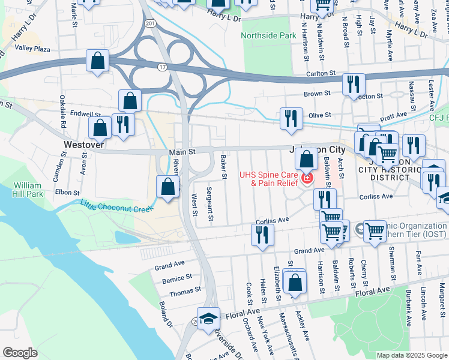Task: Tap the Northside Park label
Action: click(269, 35)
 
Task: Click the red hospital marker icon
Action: click(307, 178)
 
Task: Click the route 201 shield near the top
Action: click(149, 23)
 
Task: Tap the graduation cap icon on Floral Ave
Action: click(208, 317)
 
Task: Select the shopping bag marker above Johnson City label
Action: click(307, 159)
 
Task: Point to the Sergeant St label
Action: click(210, 203)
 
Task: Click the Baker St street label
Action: click(223, 167)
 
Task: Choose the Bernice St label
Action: click(177, 279)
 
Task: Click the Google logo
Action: click(20, 352)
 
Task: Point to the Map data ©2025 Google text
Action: click(411, 355)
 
